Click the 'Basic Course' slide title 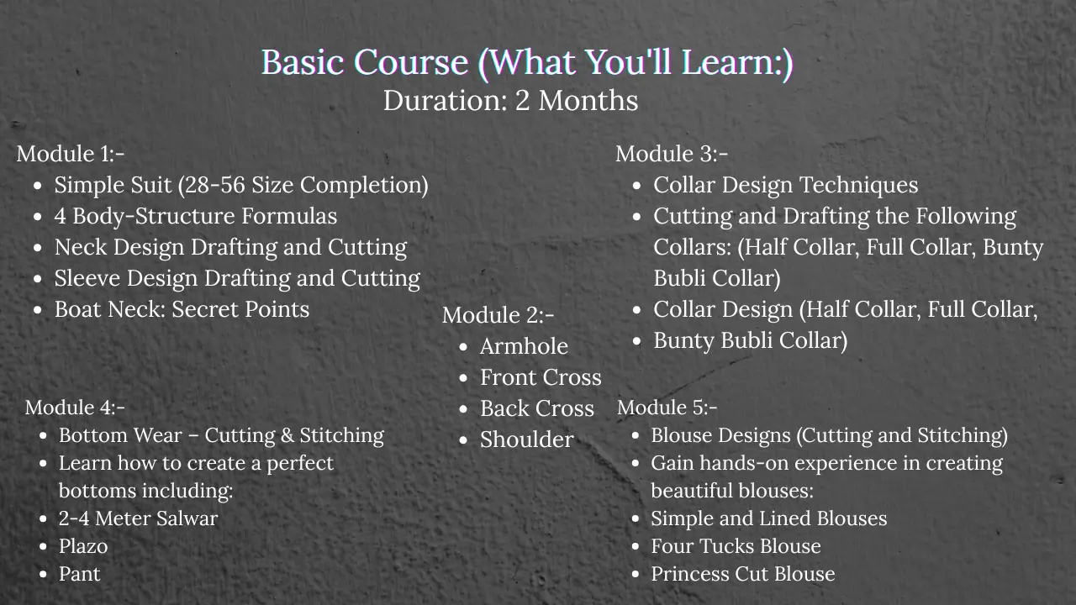(x=527, y=63)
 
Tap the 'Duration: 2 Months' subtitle (x=510, y=101)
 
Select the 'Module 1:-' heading (x=70, y=154)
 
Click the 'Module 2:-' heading (x=498, y=315)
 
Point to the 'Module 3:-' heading (x=672, y=154)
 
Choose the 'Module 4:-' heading (x=75, y=408)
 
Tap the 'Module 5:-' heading (x=667, y=408)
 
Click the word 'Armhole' (x=524, y=346)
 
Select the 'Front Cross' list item (x=541, y=377)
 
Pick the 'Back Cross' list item (x=537, y=408)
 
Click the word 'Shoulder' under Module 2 (x=527, y=439)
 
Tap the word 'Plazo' (x=83, y=546)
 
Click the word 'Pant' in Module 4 (x=79, y=574)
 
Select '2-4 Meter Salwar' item (x=138, y=518)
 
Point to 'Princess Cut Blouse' (x=742, y=574)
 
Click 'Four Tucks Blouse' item (x=736, y=546)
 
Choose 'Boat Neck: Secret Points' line (x=182, y=310)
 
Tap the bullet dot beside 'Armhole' (x=463, y=347)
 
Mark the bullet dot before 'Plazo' (x=43, y=547)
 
